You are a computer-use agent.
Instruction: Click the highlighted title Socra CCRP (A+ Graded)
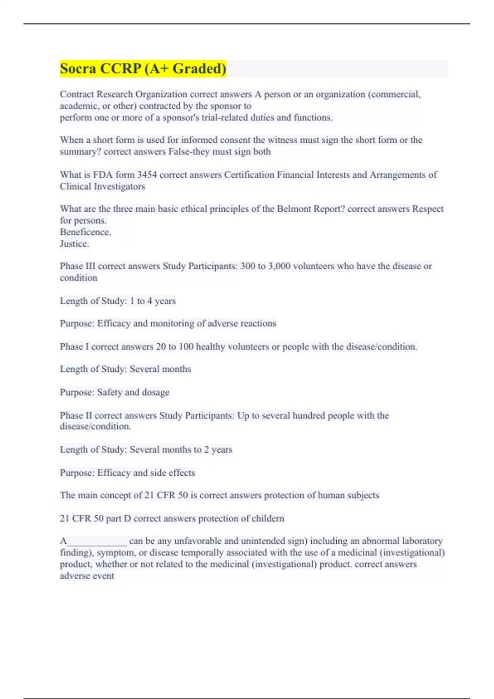click(143, 69)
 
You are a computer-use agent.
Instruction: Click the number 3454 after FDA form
click(147, 175)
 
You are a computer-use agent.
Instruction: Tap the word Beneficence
click(85, 232)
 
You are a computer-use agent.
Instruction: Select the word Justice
click(74, 243)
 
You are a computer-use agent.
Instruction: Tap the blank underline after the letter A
click(97, 541)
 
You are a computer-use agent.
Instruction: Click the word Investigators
click(119, 186)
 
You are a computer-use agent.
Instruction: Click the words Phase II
click(76, 415)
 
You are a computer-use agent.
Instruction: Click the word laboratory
click(422, 541)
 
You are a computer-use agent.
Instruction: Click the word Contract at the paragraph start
click(76, 95)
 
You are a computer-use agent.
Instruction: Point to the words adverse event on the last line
click(87, 576)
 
